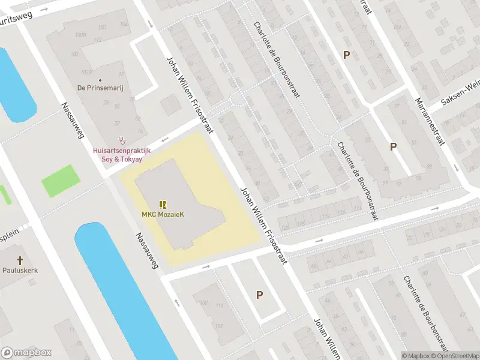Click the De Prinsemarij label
point(100,88)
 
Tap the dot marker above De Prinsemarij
point(100,80)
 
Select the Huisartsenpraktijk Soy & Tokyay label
point(121,153)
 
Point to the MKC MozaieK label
point(163,215)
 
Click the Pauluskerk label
point(20,271)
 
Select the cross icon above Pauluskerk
point(20,260)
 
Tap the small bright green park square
point(61,180)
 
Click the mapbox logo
point(26,353)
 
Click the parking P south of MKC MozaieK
point(259,295)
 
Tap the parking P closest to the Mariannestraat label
point(394,146)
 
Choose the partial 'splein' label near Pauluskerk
point(10,236)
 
